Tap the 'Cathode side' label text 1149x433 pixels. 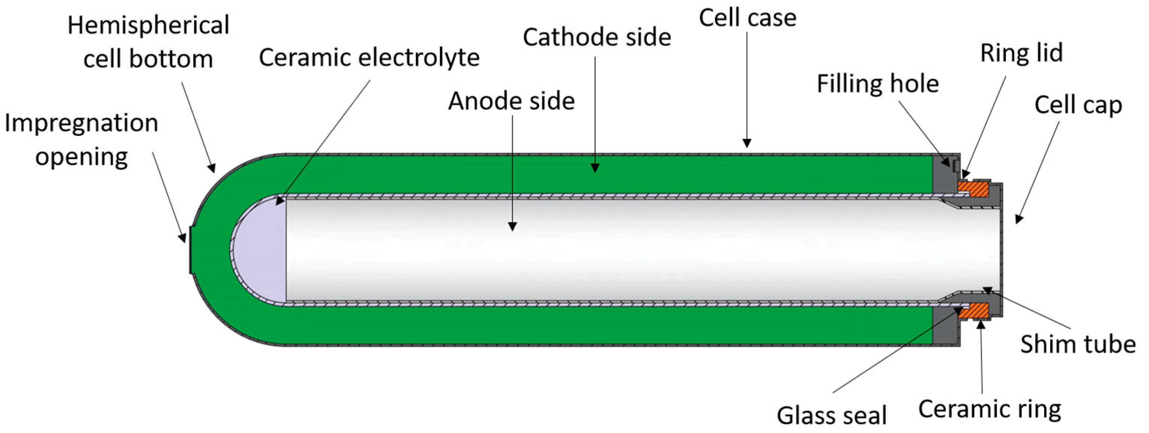(x=597, y=37)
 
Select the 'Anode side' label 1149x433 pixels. (x=512, y=101)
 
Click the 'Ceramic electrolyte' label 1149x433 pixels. (x=370, y=58)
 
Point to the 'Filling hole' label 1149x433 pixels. (x=878, y=84)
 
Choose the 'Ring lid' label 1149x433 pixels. (x=1022, y=54)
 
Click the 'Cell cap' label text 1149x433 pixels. (x=1078, y=106)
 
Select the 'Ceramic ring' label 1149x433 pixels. (x=990, y=409)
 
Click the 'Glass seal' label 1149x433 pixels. (x=832, y=415)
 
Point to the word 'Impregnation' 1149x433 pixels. (x=81, y=124)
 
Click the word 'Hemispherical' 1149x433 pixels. (x=148, y=25)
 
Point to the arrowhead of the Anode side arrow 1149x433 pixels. (x=513, y=226)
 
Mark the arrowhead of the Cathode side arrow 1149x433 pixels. (x=595, y=168)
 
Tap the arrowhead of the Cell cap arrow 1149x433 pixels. (x=1019, y=219)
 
